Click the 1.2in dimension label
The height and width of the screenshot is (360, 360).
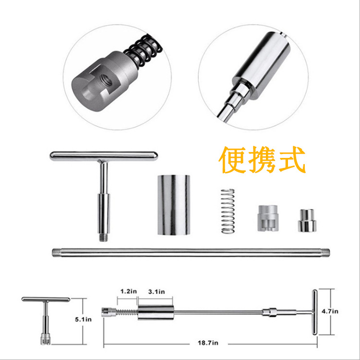click(129, 291)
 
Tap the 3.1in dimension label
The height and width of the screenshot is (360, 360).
click(156, 291)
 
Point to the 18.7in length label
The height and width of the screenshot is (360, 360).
click(208, 343)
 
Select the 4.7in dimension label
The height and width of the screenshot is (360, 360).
click(330, 312)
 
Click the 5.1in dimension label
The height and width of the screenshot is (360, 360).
click(83, 319)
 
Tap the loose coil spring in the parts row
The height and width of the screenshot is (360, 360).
click(228, 211)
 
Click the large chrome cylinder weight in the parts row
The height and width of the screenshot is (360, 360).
click(174, 205)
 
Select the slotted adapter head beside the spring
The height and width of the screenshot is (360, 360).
click(268, 218)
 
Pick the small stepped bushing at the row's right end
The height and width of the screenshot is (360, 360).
click(307, 220)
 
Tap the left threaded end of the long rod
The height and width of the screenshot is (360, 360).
click(56, 252)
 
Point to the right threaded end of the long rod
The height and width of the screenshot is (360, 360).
click(325, 252)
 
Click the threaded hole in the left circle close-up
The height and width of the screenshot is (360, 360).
click(105, 80)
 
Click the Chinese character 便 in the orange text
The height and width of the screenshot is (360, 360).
click(231, 160)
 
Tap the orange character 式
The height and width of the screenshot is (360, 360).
click(292, 159)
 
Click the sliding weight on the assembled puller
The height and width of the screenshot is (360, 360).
click(156, 312)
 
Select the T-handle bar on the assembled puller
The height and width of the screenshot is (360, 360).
click(314, 312)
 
